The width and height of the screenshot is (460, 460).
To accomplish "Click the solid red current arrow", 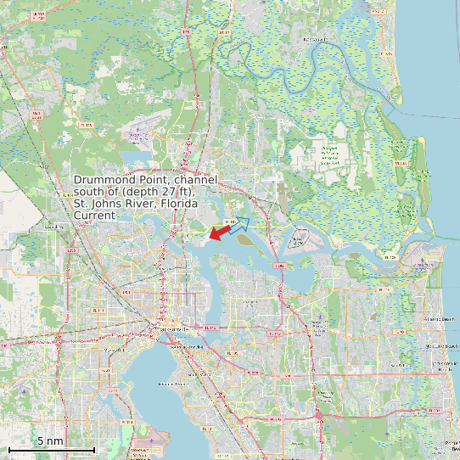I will pyautogui.click(x=219, y=231).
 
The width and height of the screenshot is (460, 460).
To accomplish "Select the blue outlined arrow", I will pyautogui.click(x=238, y=224).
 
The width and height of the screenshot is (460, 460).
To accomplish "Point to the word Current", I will pyautogui.click(x=94, y=216).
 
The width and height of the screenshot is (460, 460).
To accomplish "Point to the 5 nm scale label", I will pyautogui.click(x=50, y=441).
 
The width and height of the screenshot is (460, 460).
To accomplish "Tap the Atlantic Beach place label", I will pyautogui.click(x=438, y=319).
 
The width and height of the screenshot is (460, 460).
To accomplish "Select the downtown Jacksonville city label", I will pyautogui.click(x=170, y=329).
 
